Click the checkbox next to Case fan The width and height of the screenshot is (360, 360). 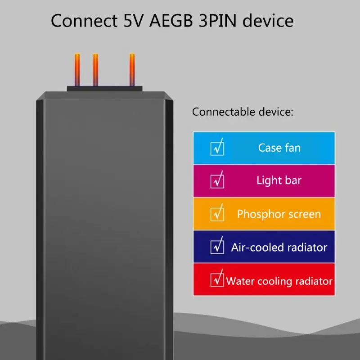point(217,148)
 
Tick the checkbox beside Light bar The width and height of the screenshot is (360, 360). point(217,181)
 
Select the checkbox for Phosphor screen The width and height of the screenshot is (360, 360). point(217,214)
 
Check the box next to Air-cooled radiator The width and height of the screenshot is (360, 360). point(217,247)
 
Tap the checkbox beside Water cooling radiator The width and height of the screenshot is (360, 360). point(217,280)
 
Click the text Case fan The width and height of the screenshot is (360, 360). point(279,148)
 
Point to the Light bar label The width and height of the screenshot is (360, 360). point(279,181)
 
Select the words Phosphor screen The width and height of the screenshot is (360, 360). point(279,214)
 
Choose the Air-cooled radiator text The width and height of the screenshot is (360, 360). point(279,247)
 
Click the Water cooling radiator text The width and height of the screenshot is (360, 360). point(279,281)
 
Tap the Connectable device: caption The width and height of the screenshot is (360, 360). point(243,112)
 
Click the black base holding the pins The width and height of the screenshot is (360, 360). point(104,88)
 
